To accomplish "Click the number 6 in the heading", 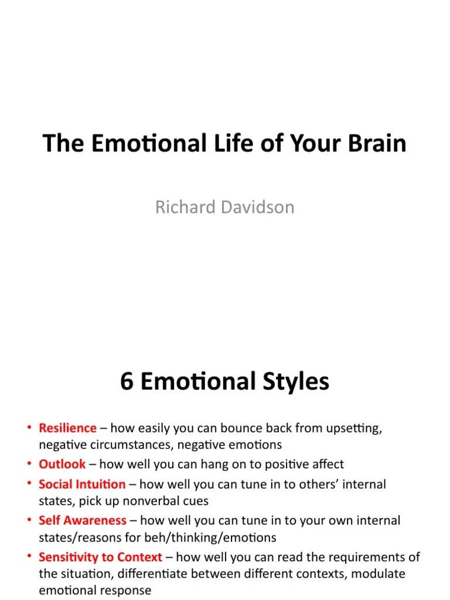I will tap(127, 382).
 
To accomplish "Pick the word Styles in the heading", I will tap(293, 382).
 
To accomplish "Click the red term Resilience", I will tap(67, 428).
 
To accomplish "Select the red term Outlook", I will tap(62, 464).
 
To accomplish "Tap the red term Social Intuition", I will tap(82, 485).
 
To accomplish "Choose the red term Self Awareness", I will tap(83, 520).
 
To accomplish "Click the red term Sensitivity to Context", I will tap(100, 557).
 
